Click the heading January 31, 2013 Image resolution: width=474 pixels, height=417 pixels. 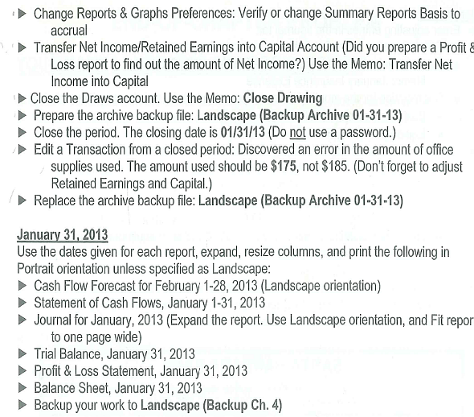click(x=61, y=236)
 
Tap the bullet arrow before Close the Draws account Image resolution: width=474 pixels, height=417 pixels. click(x=22, y=98)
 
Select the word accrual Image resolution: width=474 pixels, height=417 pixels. click(x=69, y=30)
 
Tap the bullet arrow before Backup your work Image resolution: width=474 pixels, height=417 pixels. click(x=22, y=405)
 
